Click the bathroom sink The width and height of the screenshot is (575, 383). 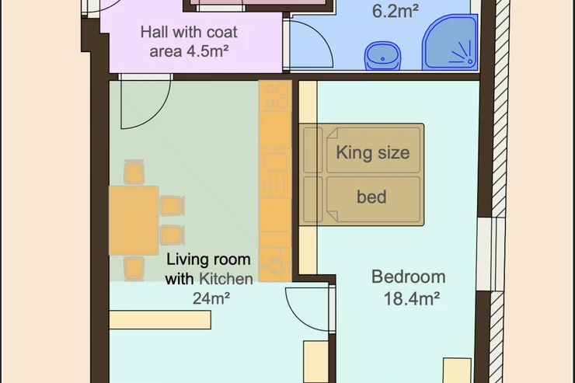[382, 56]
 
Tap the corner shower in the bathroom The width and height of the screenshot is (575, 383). [451, 43]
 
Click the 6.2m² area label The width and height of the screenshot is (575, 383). [396, 11]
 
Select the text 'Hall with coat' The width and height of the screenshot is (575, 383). [189, 33]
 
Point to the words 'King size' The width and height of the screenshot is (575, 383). [372, 152]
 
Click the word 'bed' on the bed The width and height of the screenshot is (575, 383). [371, 197]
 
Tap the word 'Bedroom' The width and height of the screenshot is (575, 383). [409, 277]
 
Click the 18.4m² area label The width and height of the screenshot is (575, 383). [412, 298]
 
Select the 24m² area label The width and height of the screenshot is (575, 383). [211, 298]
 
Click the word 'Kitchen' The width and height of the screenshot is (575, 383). [226, 279]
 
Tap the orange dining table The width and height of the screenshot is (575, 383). [134, 221]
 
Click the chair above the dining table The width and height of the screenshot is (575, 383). [134, 172]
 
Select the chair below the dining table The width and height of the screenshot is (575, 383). [134, 269]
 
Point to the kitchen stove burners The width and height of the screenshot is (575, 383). [275, 96]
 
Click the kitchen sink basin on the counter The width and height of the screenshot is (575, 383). [275, 162]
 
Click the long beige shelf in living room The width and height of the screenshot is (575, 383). [160, 320]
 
